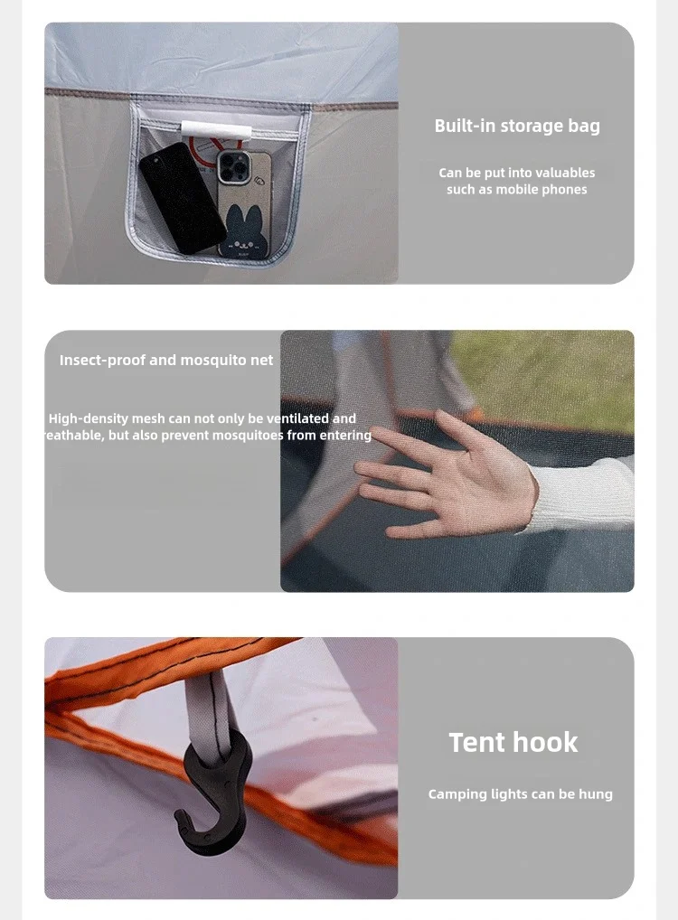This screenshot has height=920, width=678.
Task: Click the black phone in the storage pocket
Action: (x=182, y=198)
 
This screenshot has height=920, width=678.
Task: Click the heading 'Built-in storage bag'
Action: (x=517, y=126)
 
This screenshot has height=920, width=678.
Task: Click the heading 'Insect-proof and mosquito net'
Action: (x=166, y=360)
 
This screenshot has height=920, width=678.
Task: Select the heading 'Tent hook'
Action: (x=513, y=742)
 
